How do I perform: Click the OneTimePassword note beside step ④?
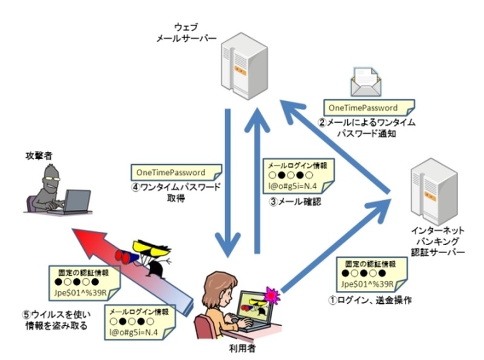tap(172, 172)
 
